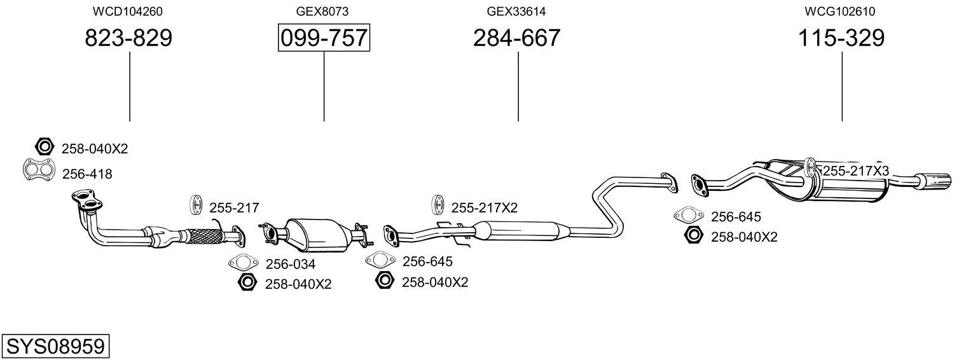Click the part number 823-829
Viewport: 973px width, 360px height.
click(128, 38)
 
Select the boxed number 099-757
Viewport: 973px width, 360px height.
click(324, 38)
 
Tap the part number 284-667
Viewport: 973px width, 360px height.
click(516, 38)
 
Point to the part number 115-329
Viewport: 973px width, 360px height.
click(841, 38)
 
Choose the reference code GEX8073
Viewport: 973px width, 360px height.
click(322, 11)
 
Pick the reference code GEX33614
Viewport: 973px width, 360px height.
click(516, 11)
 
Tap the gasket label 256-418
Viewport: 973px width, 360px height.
click(87, 174)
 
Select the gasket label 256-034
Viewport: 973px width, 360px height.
click(290, 264)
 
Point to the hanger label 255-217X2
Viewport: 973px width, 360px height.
click(484, 207)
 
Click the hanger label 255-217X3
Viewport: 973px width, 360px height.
click(856, 170)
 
